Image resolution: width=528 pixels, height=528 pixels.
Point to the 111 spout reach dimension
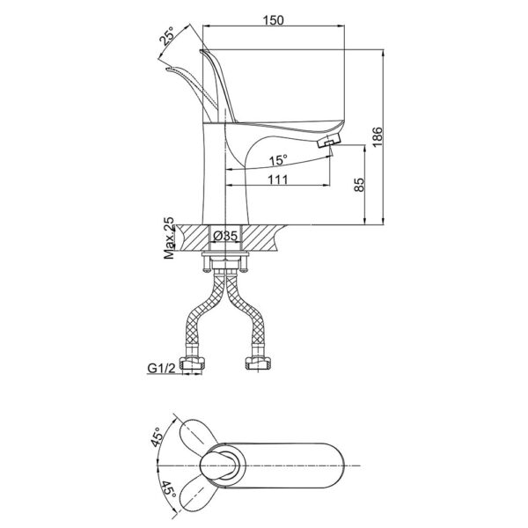point(277,179)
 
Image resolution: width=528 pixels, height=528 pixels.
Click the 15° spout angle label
point(277,160)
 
